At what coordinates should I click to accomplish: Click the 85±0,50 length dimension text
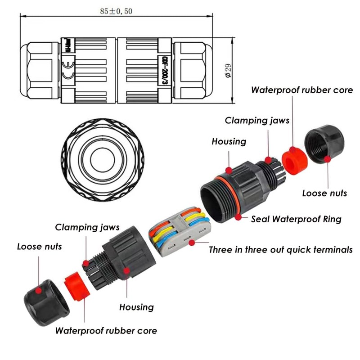116,11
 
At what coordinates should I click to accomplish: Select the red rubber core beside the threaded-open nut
294,157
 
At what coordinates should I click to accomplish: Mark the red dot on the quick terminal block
192,243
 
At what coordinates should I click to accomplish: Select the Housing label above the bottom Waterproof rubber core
136,307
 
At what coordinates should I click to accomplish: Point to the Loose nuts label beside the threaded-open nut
324,193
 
